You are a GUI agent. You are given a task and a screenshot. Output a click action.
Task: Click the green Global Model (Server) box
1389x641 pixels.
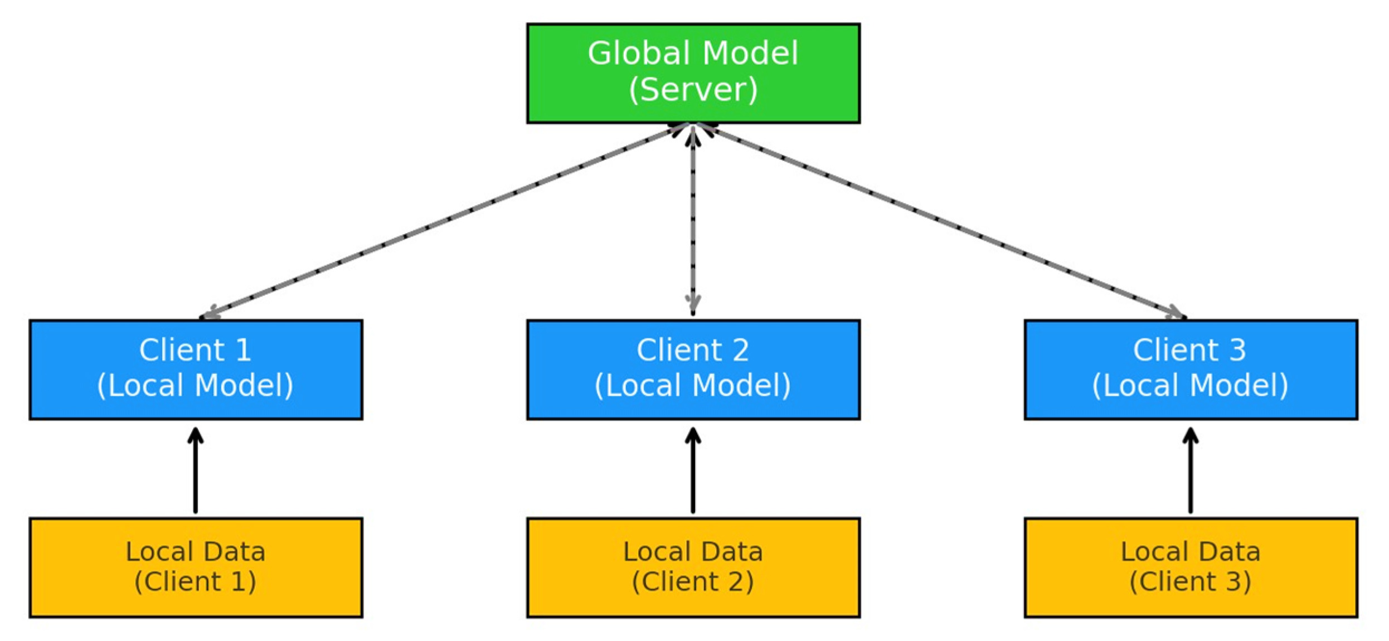pyautogui.click(x=693, y=73)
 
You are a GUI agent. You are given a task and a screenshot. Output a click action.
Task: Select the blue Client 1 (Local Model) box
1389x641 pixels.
pyautogui.click(x=196, y=369)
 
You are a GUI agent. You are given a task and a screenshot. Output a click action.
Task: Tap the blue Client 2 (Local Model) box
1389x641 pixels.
pyautogui.click(x=693, y=369)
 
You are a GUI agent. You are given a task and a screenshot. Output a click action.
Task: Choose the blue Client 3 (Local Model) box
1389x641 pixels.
pyautogui.click(x=1191, y=369)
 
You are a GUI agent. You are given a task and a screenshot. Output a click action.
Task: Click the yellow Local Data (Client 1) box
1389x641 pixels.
pyautogui.click(x=196, y=567)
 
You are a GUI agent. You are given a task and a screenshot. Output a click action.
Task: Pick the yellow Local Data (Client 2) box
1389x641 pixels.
pyautogui.click(x=693, y=567)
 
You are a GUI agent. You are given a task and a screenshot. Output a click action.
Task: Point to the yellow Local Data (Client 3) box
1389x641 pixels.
pyautogui.click(x=1191, y=567)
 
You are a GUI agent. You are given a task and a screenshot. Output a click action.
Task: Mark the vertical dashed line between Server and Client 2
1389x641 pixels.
pyautogui.click(x=693, y=223)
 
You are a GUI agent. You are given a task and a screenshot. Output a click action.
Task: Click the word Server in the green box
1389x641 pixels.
pyautogui.click(x=693, y=90)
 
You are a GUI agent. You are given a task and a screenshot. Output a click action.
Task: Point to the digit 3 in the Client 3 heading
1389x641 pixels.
pyautogui.click(x=1237, y=350)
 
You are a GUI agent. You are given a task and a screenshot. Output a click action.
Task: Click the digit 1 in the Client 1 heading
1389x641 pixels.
pyautogui.click(x=243, y=350)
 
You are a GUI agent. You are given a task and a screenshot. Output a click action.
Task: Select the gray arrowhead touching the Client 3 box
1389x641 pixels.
pyautogui.click(x=1176, y=313)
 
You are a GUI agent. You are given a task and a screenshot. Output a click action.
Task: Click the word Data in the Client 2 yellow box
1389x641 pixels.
pyautogui.click(x=732, y=552)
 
